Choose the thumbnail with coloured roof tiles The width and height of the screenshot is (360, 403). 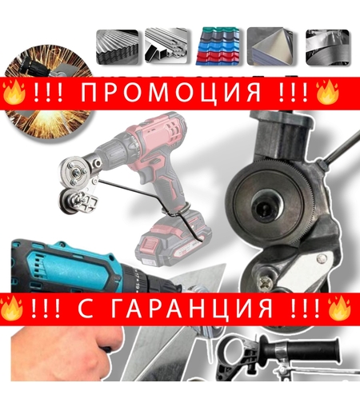pos(218,46)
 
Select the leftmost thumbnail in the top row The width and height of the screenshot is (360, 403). pos(118,46)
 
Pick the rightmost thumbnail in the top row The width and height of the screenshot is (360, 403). pos(327,46)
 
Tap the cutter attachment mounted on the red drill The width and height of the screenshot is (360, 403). pos(76,185)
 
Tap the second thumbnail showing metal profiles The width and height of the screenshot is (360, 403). pos(167,46)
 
